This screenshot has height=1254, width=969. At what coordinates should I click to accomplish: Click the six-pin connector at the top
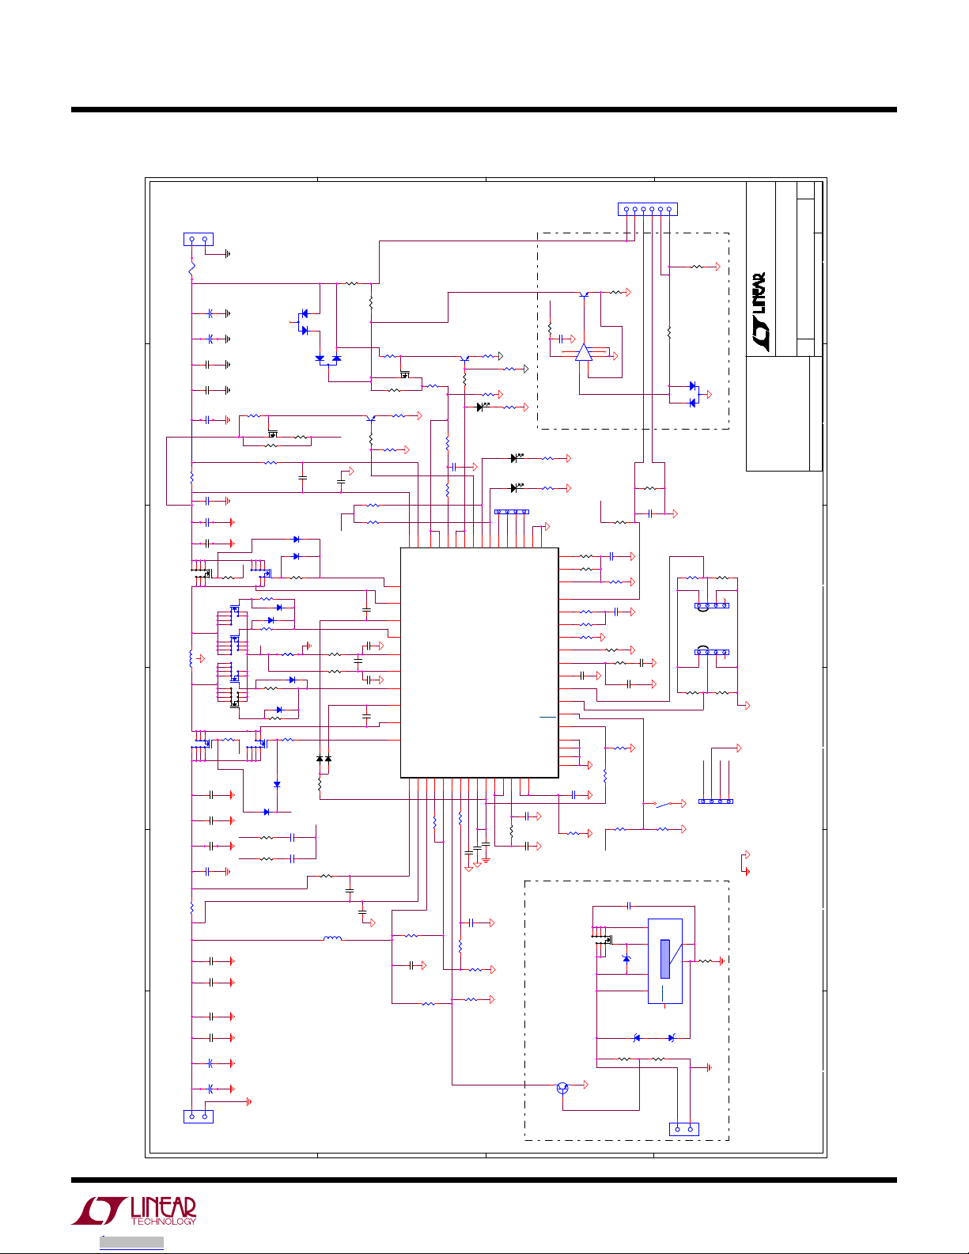point(647,210)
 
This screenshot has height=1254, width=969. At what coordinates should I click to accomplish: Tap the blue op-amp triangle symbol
point(583,353)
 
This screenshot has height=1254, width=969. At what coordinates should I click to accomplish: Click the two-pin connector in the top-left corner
point(198,239)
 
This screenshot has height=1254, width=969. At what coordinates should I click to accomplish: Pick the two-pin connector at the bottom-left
point(198,1116)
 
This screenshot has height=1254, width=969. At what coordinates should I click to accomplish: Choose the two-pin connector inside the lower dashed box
point(683,1129)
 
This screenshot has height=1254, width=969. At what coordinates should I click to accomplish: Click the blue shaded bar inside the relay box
point(665,959)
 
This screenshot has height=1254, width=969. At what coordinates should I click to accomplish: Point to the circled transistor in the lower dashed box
point(562,1088)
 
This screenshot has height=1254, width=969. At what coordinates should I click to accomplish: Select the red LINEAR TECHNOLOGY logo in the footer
point(134,1210)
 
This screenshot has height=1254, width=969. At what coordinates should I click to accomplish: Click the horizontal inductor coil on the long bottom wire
point(332,939)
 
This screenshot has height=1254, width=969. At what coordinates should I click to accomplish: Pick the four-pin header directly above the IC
point(511,512)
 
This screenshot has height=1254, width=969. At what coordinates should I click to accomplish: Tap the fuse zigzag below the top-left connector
point(191,270)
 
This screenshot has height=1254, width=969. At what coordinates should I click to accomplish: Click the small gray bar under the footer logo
point(131,1243)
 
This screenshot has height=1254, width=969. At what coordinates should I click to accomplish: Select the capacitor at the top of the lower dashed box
point(629,905)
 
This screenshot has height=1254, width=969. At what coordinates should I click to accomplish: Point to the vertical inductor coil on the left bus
point(191,658)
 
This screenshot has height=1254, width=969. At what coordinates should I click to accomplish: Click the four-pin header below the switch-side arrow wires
point(716,801)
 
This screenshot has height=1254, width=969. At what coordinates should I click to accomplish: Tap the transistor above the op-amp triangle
point(584,294)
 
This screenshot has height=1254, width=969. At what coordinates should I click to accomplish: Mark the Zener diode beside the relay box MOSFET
point(626,959)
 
